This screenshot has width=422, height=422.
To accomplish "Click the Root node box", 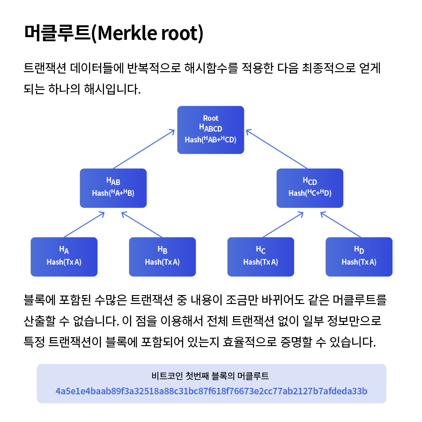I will pyautogui.click(x=210, y=130).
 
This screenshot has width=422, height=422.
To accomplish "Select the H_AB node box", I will pyautogui.click(x=113, y=188).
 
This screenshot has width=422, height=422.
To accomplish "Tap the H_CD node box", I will pyautogui.click(x=310, y=188).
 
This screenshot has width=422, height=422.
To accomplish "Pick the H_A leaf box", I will pyautogui.click(x=64, y=257).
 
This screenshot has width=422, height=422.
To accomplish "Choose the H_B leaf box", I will pyautogui.click(x=162, y=257).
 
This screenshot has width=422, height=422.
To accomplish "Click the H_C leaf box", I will pyautogui.click(x=260, y=257).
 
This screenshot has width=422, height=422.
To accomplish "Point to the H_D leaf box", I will pyautogui.click(x=359, y=257).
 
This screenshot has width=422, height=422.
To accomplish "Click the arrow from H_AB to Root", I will pyautogui.click(x=144, y=149).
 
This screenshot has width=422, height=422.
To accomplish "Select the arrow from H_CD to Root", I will pyautogui.click(x=277, y=149).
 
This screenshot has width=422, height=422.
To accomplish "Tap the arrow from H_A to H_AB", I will pyautogui.click(x=83, y=225).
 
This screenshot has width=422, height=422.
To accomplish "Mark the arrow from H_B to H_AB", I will pyautogui.click(x=141, y=225).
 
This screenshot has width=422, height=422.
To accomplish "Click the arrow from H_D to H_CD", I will pyautogui.click(x=341, y=225).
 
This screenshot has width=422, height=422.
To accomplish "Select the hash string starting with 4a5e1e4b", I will pyautogui.click(x=211, y=391).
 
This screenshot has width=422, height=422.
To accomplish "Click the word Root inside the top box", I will pyautogui.click(x=211, y=118).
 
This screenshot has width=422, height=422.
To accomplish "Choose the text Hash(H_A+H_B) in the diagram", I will pyautogui.click(x=113, y=192).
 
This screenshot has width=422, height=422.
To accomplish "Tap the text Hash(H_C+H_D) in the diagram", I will pyautogui.click(x=310, y=192).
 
